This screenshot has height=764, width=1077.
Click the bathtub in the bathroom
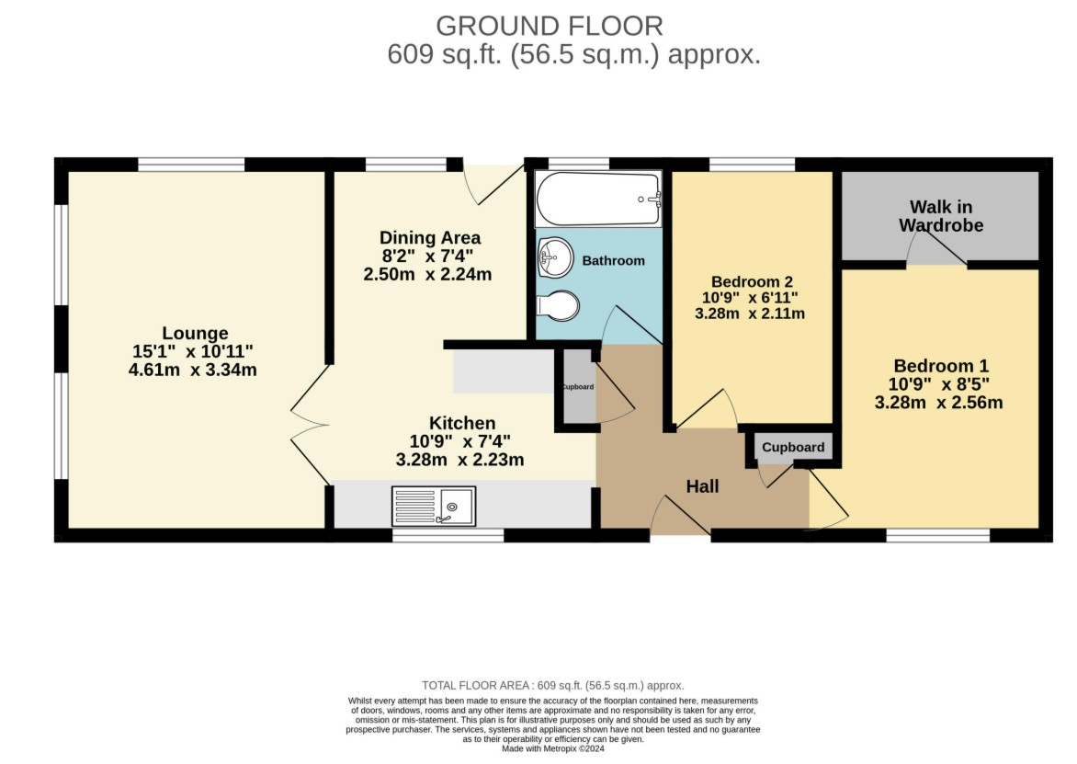(x=598, y=199)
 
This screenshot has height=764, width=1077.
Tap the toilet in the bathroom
(x=558, y=306)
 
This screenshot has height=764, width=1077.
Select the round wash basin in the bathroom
(x=555, y=257)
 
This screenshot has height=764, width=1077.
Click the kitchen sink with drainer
(x=434, y=507)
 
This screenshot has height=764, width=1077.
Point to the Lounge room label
(x=195, y=333)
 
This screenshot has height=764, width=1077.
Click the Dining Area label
(x=430, y=238)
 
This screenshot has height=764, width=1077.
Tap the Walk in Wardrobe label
(x=941, y=216)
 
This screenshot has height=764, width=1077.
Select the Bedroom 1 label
(x=942, y=366)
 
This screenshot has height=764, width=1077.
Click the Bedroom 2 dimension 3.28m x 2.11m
(x=750, y=314)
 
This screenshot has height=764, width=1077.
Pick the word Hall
(x=702, y=486)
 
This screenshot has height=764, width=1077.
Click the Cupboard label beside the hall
(x=793, y=447)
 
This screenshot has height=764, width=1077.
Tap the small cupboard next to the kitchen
(x=579, y=386)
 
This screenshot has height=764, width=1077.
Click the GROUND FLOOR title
(x=550, y=26)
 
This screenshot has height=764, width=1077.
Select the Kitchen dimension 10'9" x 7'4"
(x=460, y=441)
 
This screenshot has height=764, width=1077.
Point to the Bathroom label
(x=613, y=260)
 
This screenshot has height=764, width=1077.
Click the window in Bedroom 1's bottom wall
(x=938, y=535)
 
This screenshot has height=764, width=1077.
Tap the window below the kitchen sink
(x=448, y=535)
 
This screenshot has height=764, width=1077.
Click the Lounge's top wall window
(x=192, y=165)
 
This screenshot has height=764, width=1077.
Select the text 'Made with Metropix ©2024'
(x=553, y=749)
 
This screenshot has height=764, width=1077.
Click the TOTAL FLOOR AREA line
(x=553, y=686)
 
